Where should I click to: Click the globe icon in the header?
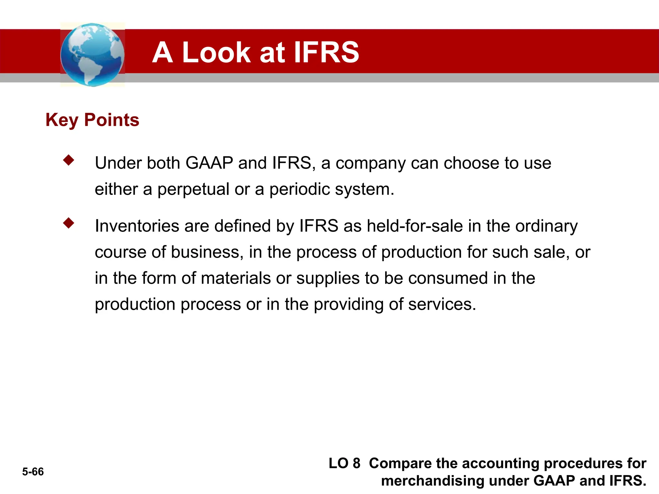tap(92, 55)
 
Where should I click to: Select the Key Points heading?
tap(92, 120)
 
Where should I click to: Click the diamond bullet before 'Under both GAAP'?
tap(69, 160)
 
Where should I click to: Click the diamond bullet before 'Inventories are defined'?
tap(69, 223)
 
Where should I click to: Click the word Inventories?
tap(137, 226)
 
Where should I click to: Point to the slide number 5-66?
tap(33, 472)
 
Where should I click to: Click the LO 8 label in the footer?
tap(344, 463)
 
